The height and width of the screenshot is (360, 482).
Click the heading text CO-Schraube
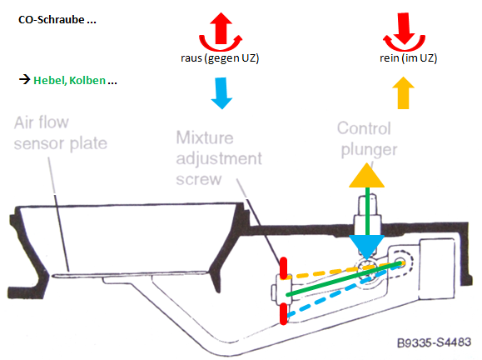tap(52, 20)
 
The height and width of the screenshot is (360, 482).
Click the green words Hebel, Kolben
tap(69, 80)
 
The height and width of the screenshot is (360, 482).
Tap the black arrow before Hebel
tap(25, 80)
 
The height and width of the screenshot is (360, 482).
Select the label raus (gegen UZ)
tap(220, 58)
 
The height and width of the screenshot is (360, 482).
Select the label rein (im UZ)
tap(408, 58)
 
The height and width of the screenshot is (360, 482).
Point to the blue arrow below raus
tap(221, 93)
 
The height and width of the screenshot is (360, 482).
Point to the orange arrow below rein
tap(403, 92)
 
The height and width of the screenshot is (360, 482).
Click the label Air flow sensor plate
tap(61, 133)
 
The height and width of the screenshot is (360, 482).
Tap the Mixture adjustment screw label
tap(219, 158)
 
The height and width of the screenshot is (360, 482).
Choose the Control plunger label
tap(367, 139)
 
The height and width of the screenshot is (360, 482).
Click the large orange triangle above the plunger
tap(367, 175)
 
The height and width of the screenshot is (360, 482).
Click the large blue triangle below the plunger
tap(367, 247)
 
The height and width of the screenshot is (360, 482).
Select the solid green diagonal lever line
tap(345, 279)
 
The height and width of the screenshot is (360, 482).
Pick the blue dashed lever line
tap(345, 289)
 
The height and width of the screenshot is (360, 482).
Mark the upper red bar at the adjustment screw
tap(283, 268)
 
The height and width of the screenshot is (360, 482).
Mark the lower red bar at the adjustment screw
tap(283, 314)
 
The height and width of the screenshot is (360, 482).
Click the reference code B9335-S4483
tap(434, 342)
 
